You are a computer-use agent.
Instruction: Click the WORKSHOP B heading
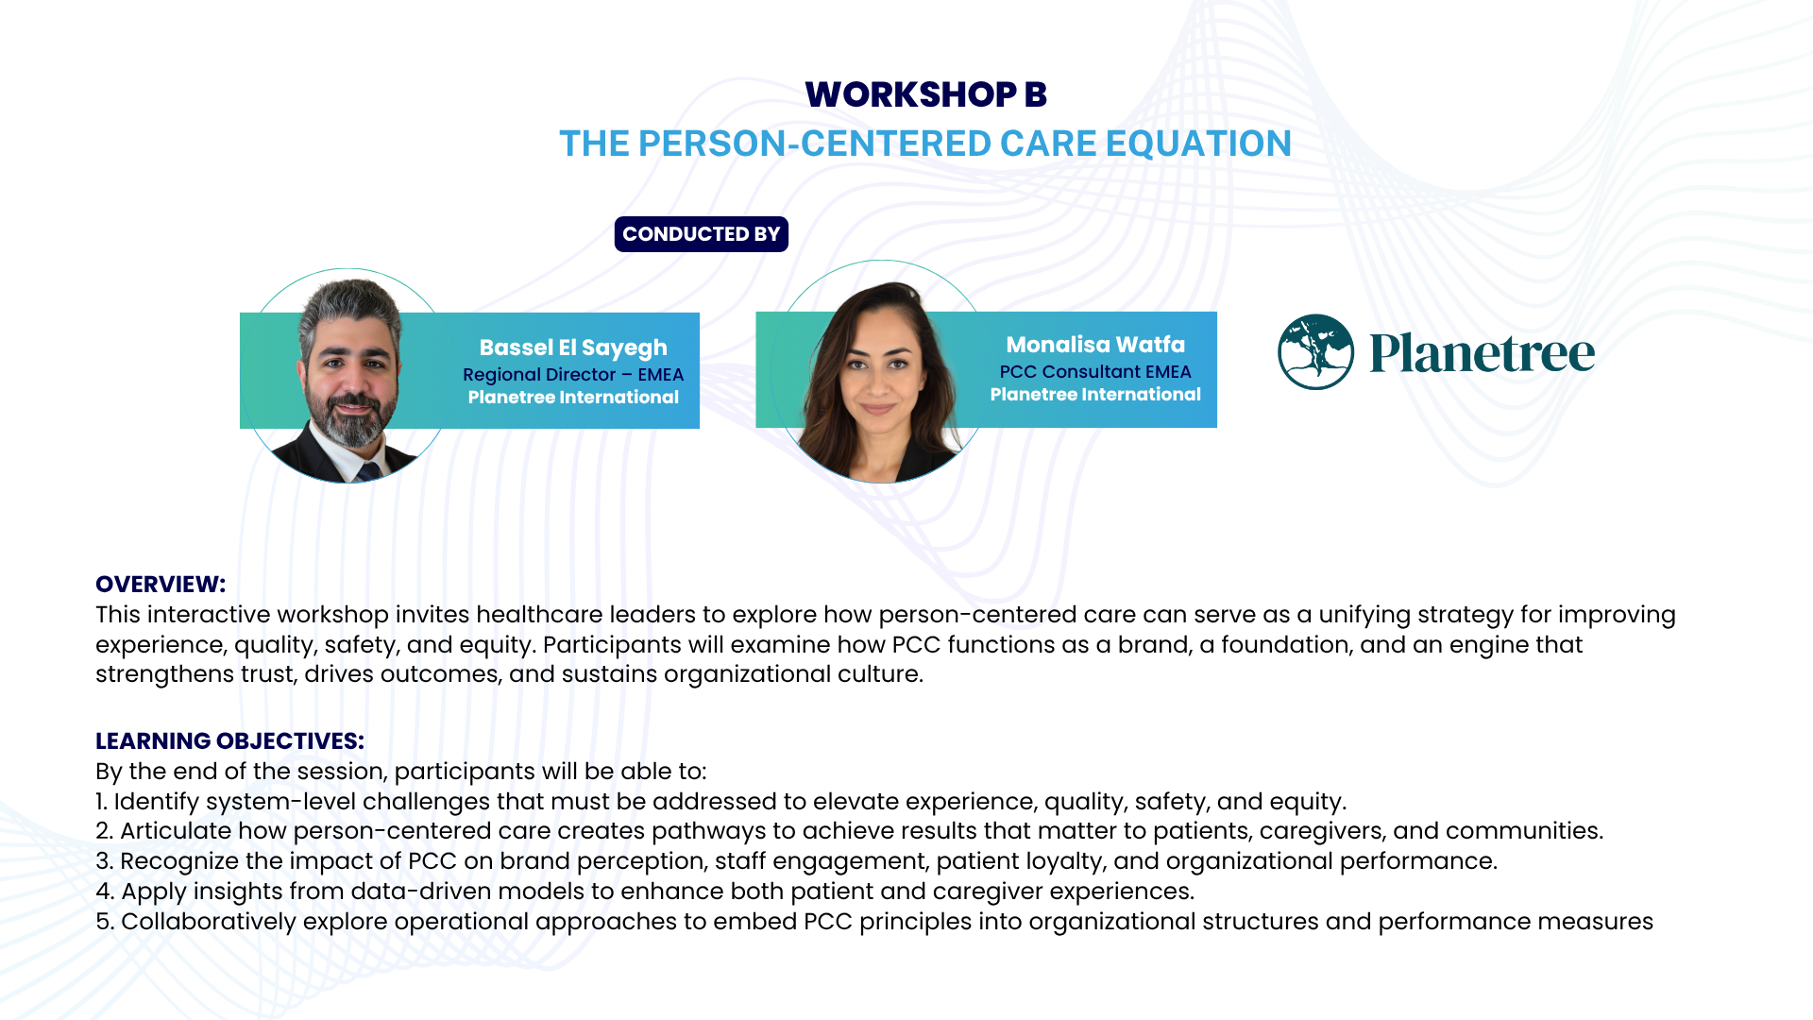(925, 94)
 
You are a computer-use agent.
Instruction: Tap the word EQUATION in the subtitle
(1198, 144)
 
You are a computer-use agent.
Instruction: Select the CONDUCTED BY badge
(701, 234)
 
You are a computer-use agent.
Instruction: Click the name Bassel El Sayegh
(573, 348)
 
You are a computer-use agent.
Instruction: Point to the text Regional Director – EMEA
(573, 375)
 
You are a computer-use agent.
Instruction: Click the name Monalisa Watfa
(1095, 345)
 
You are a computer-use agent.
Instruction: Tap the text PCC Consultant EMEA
(1095, 372)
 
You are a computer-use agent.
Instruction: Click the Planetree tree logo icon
(1315, 352)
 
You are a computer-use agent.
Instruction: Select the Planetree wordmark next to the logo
(1483, 353)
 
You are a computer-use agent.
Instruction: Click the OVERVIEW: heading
(161, 585)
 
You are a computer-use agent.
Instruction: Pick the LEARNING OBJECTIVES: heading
(229, 741)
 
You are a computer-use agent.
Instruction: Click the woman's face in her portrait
(878, 373)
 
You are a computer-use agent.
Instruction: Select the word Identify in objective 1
(157, 802)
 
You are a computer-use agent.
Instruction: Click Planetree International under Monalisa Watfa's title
(1095, 395)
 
